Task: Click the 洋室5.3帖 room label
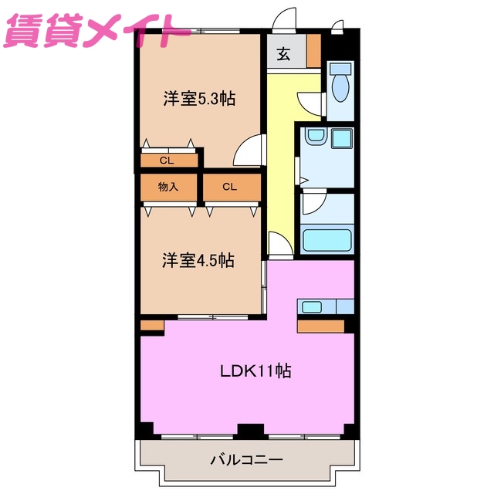tap(198, 99)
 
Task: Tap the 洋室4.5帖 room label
tap(198, 261)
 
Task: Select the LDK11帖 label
tap(255, 370)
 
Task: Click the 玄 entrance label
tap(284, 55)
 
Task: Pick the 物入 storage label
tap(167, 187)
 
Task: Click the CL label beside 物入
tap(230, 187)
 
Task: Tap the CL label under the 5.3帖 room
tap(166, 161)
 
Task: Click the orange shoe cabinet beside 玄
tap(313, 52)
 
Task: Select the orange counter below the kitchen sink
tap(320, 326)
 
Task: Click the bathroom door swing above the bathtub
tap(314, 204)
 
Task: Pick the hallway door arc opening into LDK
tap(279, 243)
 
